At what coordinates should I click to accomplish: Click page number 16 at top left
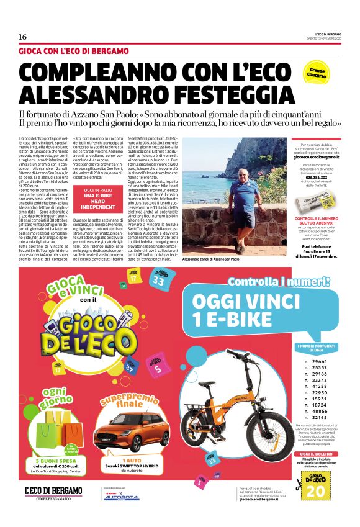(23, 37)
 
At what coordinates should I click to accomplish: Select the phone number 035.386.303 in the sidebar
(317, 177)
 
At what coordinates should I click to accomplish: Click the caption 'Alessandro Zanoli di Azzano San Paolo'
(211, 259)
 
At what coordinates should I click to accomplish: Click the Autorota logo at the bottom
(121, 498)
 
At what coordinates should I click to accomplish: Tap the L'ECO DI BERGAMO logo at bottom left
(53, 493)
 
